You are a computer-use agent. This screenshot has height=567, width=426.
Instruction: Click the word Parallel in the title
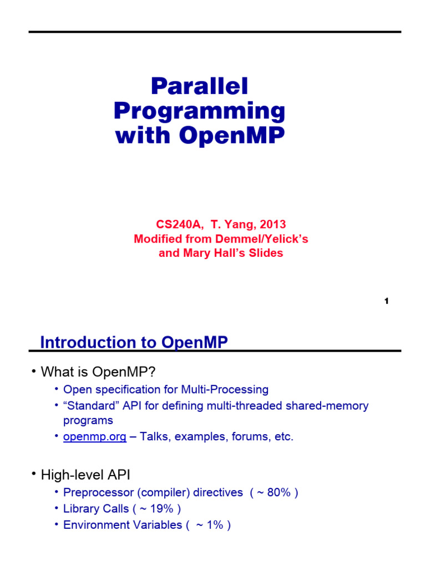(x=200, y=86)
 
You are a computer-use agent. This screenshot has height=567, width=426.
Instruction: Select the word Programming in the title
(x=200, y=111)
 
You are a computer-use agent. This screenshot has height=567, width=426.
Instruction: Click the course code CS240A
(x=174, y=224)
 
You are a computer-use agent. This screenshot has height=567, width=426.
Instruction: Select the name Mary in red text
(x=196, y=253)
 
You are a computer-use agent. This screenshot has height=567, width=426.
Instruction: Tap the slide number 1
(x=386, y=301)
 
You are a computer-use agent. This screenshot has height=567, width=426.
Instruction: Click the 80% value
(x=278, y=492)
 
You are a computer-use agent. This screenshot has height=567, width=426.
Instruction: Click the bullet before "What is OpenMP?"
(x=34, y=370)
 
